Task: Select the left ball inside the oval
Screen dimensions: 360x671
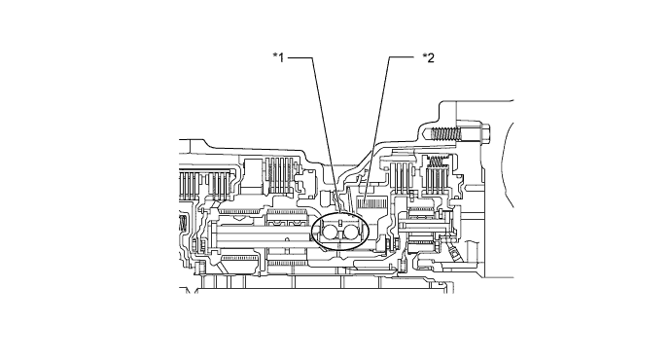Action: [x=327, y=233]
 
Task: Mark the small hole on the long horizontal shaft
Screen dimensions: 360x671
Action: [x=287, y=236]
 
